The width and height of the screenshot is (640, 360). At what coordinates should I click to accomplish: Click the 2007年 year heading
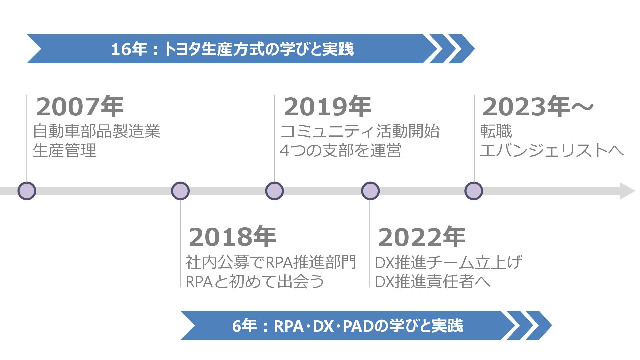pos(80,107)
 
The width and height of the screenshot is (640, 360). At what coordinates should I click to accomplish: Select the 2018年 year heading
pos(232,237)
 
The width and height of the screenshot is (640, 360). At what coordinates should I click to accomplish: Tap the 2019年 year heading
pos(327,107)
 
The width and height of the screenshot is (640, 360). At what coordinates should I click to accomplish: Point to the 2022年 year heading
pos(421,237)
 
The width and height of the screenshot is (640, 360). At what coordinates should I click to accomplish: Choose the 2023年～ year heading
pos(538,107)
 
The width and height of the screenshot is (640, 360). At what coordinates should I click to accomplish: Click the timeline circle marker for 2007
pos(27,191)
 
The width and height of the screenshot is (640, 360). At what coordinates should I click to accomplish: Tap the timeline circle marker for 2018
pos(180,191)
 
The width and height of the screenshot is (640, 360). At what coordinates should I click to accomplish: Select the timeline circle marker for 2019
pos(274,191)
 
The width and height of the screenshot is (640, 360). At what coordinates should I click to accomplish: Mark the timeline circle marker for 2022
pos(370,191)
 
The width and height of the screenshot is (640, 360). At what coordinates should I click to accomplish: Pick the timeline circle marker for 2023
pos(474,191)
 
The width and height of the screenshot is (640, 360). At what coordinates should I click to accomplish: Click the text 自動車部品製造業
pos(96,131)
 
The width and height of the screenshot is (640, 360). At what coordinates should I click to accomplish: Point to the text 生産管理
pos(64,150)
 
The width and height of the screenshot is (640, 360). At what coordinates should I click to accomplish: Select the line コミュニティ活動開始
pos(360,131)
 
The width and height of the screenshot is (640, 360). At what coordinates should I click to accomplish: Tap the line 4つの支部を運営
pos(341,150)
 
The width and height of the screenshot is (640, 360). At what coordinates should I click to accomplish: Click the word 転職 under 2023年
pos(496,131)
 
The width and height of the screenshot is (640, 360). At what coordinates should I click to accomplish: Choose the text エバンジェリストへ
pos(552,150)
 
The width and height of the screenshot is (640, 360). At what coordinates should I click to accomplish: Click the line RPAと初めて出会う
pos(255,282)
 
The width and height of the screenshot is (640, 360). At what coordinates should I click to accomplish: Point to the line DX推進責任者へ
pos(433,282)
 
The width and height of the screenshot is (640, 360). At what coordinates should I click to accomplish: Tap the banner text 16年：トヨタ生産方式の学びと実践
pos(232,49)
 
